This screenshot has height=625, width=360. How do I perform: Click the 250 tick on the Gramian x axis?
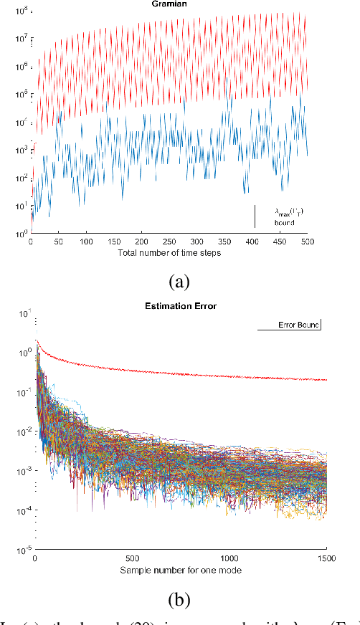point(170,242)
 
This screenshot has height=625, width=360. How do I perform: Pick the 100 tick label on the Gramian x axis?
point(87,242)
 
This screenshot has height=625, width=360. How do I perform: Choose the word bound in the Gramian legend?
point(285,223)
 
